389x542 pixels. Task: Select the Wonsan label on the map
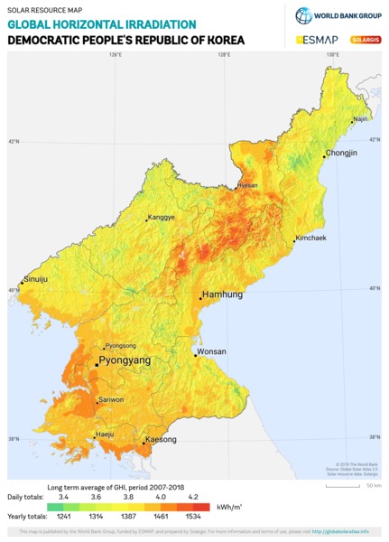coord(212,351)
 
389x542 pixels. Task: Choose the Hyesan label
coord(247,185)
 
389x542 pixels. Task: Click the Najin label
coord(360,118)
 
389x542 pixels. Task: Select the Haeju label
coord(105,435)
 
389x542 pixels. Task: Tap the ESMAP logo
coord(316,40)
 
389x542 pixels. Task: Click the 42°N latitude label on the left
coord(13,142)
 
